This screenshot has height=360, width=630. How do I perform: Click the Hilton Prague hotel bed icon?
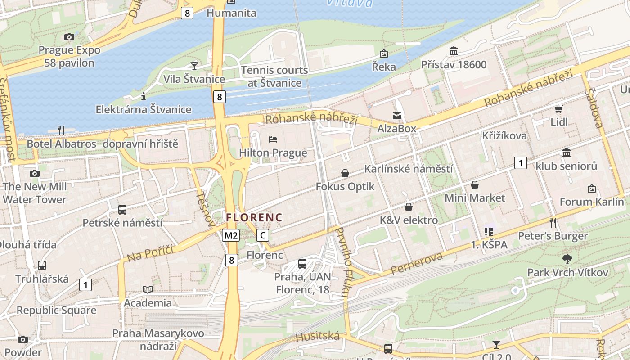coord(273,139)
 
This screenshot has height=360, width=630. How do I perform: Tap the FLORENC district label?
coord(254,218)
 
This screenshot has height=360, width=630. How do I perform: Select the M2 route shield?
coord(231,235)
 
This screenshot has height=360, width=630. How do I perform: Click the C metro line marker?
coord(263,235)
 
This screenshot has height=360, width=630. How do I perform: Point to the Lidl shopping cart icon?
coord(558,109)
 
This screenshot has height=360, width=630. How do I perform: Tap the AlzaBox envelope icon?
coord(396,116)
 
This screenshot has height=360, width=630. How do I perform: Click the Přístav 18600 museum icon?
coord(454,51)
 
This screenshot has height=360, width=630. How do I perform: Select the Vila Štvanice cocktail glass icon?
coord(194,66)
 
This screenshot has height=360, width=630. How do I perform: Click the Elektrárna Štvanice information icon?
coord(144,96)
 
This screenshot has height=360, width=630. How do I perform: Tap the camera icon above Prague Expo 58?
coord(69,37)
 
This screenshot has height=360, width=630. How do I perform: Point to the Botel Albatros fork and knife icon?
coord(61,130)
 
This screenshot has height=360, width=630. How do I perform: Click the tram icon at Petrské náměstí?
coord(122,209)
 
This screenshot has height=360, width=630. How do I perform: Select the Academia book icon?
coord(148,289)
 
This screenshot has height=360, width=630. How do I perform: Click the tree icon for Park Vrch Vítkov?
coord(567,259)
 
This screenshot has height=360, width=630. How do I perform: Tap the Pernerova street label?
coord(417,264)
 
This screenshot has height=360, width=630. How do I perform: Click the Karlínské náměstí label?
coord(408,169)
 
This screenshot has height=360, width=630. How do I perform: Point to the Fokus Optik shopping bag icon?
coord(345,173)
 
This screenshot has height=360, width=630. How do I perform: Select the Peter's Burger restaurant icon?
coord(553,222)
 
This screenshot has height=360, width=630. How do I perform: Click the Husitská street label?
coord(318,336)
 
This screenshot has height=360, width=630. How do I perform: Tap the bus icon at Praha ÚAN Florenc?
coord(302,264)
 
